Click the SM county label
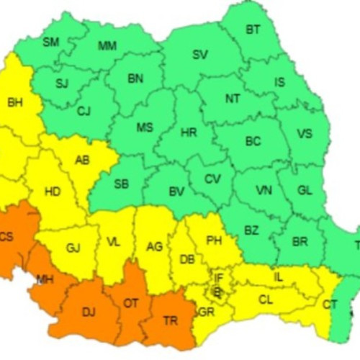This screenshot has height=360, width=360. [x=50, y=42]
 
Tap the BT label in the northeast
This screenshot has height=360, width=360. [x=253, y=30]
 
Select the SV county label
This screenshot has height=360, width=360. [x=200, y=54]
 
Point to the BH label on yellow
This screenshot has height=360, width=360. [x=14, y=103]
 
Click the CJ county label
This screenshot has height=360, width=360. [x=84, y=111]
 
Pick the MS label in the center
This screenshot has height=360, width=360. [x=145, y=127]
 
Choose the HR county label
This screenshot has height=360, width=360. [x=188, y=132]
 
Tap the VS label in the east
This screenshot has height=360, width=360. [x=305, y=133]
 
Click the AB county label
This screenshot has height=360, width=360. [x=83, y=160]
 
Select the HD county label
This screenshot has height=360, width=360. [x=53, y=192]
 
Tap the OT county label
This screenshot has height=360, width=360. [x=130, y=303]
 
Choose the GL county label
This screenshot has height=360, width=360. [x=305, y=192]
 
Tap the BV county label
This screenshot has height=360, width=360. [x=176, y=192]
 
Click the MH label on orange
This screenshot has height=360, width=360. [x=45, y=279]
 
